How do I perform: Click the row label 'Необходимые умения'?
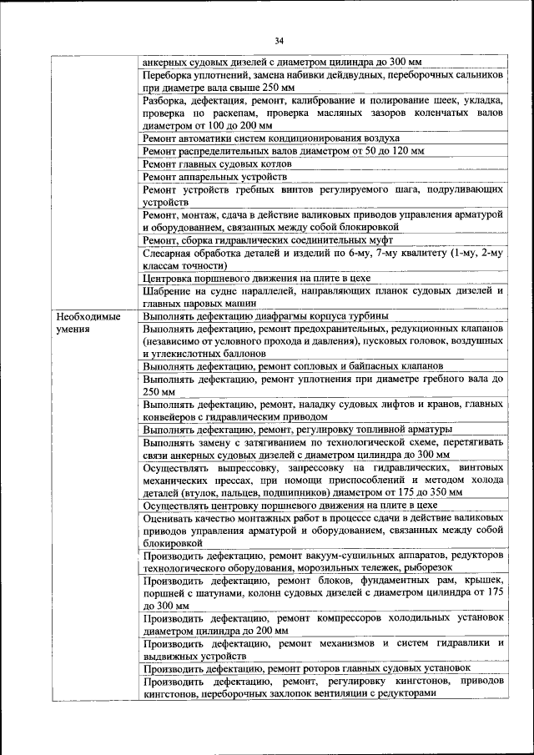(88, 322)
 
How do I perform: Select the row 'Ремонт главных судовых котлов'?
(218, 164)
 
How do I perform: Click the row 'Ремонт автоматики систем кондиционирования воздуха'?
(271, 138)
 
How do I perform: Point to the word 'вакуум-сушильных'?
(362, 554)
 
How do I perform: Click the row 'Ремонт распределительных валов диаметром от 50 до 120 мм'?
(284, 151)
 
